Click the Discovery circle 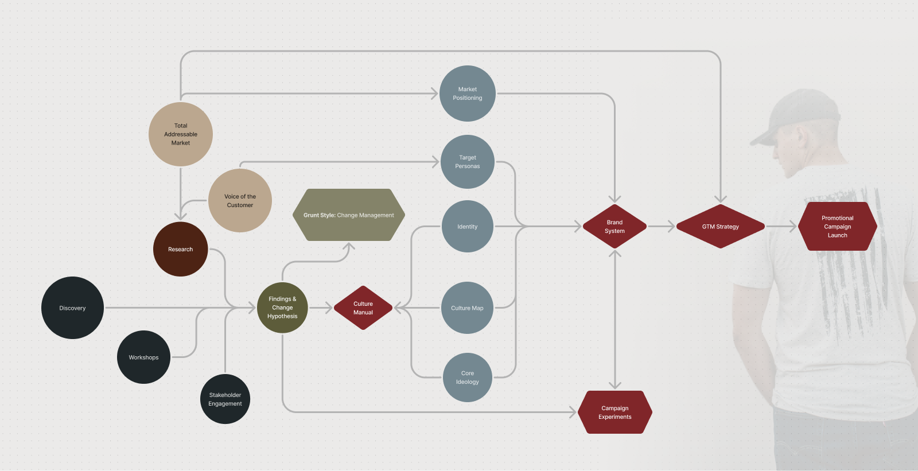72,308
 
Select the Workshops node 143,357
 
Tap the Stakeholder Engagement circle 225,399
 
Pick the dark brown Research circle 180,250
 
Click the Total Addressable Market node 181,134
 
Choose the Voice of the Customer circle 240,201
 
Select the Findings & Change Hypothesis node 282,307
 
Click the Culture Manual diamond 363,308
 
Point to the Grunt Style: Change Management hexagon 349,215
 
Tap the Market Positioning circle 468,94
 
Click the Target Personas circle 468,162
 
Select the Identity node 468,227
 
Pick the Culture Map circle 467,308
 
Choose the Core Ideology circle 468,377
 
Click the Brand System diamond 614,227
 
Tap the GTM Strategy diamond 721,227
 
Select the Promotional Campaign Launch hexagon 838,227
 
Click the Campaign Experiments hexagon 615,412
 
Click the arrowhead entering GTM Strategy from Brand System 671,227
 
